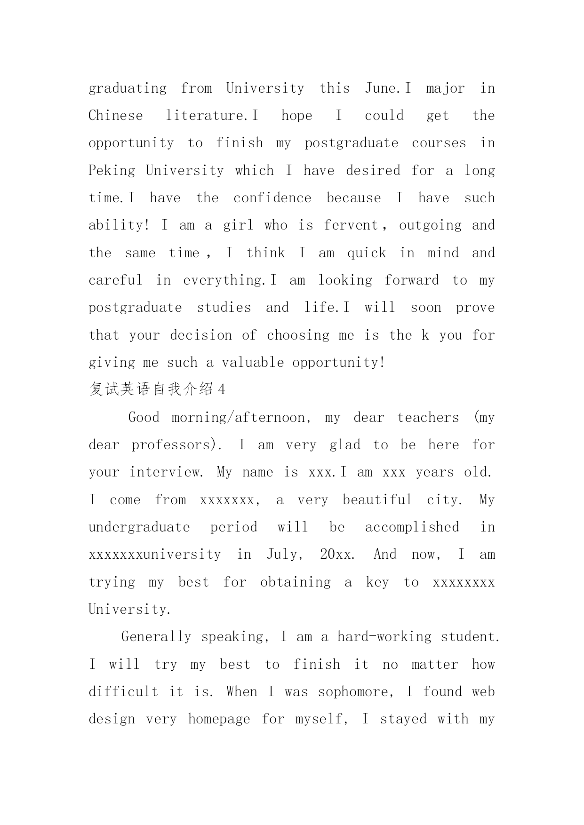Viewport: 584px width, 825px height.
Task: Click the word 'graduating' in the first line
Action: pyautogui.click(x=128, y=89)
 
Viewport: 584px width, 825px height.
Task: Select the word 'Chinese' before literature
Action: pyautogui.click(x=116, y=116)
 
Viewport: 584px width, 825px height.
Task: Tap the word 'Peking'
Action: pyautogui.click(x=112, y=171)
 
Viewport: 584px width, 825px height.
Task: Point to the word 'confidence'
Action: pyautogui.click(x=272, y=198)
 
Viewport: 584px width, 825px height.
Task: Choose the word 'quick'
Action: pyautogui.click(x=367, y=253)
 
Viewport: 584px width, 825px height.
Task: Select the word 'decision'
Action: pyautogui.click(x=201, y=335)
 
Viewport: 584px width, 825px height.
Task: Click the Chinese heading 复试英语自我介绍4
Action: pyautogui.click(x=157, y=389)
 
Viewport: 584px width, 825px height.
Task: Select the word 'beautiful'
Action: pyautogui.click(x=377, y=500)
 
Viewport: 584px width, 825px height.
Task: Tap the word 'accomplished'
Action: pyautogui.click(x=412, y=527)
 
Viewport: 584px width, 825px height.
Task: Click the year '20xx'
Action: pyautogui.click(x=336, y=555)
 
